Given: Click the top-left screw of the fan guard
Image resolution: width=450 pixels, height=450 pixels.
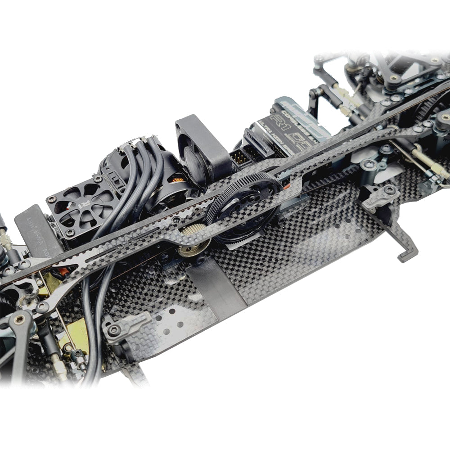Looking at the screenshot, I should (x=49, y=198).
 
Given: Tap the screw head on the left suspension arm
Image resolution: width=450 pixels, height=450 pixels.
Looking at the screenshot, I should (x=19, y=319).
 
